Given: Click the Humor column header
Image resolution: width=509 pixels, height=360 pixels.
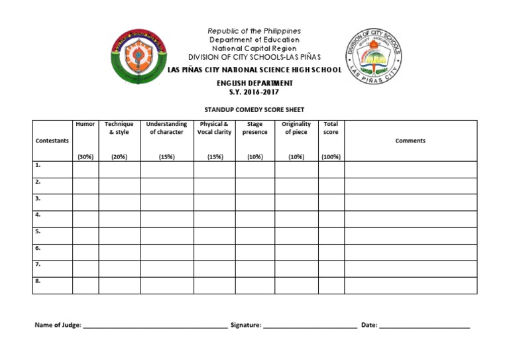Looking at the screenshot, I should (85, 124).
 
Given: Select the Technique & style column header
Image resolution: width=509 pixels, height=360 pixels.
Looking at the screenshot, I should (119, 128).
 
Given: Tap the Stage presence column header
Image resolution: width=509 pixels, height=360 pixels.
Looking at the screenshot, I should (254, 128).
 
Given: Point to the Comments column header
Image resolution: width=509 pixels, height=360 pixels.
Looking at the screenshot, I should (410, 141).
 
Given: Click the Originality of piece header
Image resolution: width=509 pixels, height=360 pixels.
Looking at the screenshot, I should (296, 128).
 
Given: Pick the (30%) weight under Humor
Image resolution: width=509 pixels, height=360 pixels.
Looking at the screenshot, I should (85, 157).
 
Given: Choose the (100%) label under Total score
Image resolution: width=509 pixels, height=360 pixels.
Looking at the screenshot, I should (331, 157).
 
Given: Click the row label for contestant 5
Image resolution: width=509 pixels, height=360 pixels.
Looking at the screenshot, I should (38, 231).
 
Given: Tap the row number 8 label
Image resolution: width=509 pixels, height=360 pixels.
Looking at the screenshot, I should (38, 281).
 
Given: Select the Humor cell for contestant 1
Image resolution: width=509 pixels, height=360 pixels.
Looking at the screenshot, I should (85, 169).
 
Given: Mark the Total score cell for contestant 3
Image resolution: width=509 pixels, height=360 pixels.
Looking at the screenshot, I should (331, 202).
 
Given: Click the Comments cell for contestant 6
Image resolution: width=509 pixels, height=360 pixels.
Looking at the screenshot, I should (410, 252).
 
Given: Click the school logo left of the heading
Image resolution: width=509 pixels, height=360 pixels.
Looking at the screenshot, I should (138, 57).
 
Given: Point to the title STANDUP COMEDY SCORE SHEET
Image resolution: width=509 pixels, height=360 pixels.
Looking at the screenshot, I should (254, 110).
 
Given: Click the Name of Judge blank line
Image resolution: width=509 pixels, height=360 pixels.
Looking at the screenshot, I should (155, 326).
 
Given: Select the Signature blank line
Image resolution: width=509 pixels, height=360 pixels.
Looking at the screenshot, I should (310, 326).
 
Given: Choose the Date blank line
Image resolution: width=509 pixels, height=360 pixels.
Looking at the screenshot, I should (425, 326).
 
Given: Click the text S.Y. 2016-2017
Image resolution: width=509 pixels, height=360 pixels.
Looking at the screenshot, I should (254, 93).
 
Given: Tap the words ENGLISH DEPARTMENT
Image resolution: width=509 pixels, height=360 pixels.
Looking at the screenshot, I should (254, 84).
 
